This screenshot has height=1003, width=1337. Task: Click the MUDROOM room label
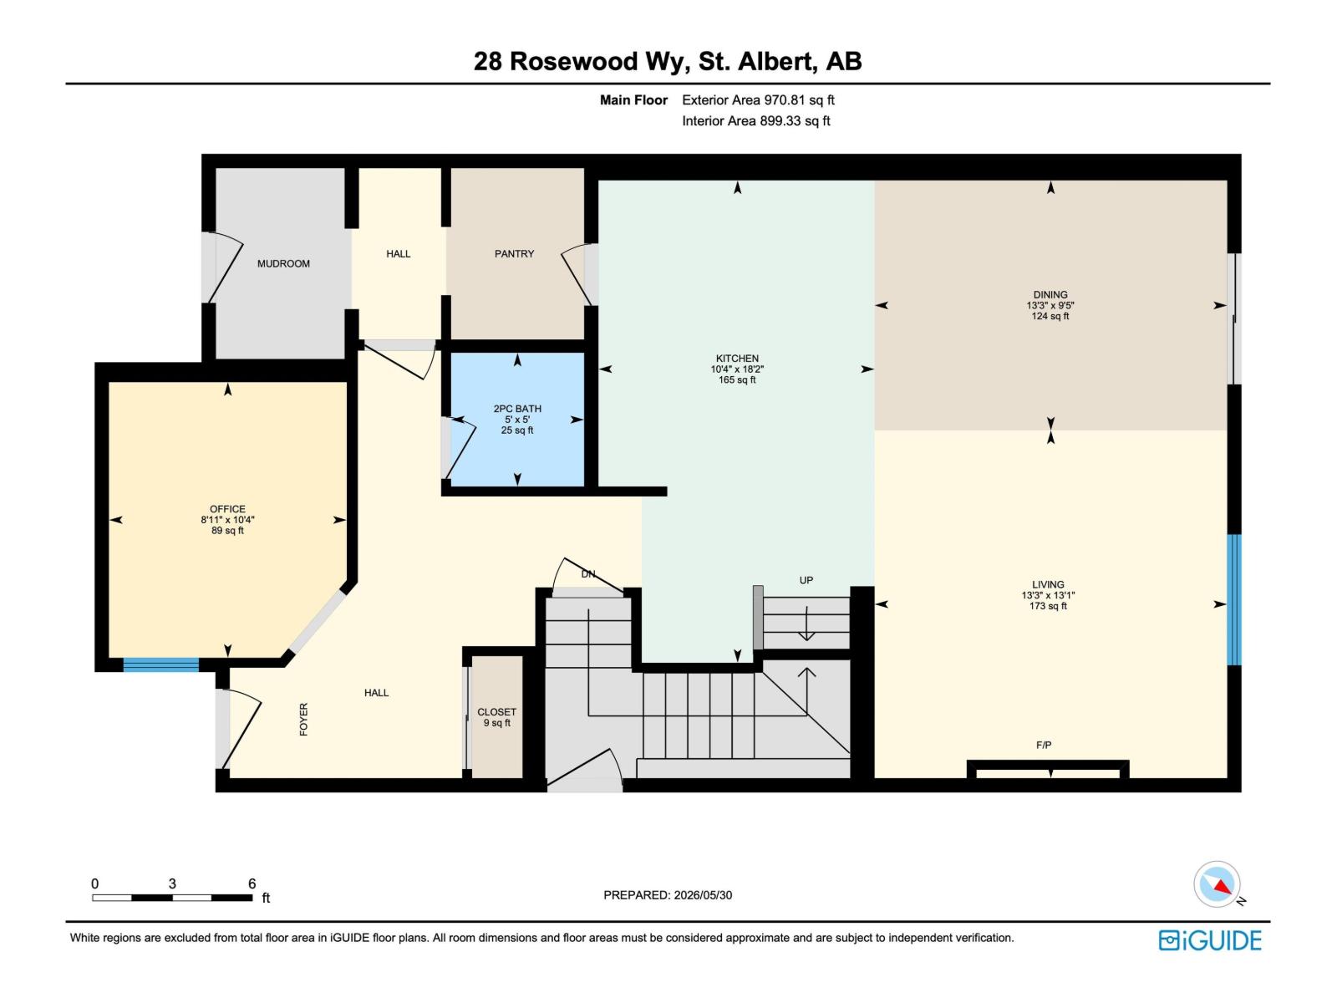tap(283, 263)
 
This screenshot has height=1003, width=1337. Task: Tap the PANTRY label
tap(514, 254)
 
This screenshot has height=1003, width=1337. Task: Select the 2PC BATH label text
tap(517, 409)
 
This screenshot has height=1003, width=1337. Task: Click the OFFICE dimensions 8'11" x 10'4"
tap(227, 520)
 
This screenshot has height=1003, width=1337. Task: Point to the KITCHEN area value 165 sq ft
tap(737, 380)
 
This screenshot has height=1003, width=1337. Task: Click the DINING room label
tap(1050, 295)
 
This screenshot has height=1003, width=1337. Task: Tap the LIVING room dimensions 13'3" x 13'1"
tap(1048, 596)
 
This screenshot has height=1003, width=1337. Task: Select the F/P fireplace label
tap(1044, 745)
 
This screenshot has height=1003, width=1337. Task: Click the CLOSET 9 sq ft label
tap(497, 717)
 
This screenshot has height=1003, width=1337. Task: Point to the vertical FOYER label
tap(304, 719)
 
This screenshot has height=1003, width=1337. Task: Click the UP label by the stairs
tap(806, 580)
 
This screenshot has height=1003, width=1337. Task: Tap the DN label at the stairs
tap(587, 573)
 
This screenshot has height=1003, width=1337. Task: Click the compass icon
tap(1217, 884)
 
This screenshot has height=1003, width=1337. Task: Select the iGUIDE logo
tap(1210, 941)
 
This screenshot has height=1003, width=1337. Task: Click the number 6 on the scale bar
tap(252, 883)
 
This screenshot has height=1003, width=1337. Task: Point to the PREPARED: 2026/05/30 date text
tap(668, 895)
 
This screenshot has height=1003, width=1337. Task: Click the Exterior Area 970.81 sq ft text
tap(759, 99)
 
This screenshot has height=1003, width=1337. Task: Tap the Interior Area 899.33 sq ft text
tap(756, 120)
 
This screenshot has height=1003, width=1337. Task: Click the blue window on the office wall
tap(160, 664)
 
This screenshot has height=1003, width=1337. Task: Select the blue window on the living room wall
tap(1234, 600)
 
